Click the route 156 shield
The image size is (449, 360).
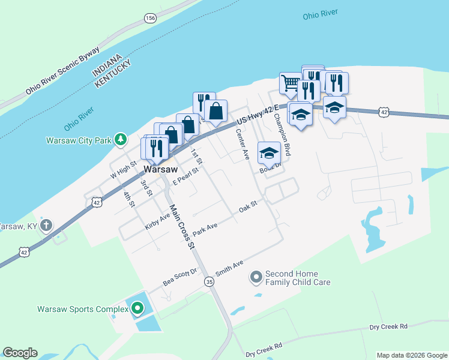[x=149, y=19]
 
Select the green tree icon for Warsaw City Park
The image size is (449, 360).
[x=121, y=140]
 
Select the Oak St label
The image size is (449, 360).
[x=248, y=205]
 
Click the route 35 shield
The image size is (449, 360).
[x=209, y=281]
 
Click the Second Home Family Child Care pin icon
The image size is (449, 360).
[x=256, y=277]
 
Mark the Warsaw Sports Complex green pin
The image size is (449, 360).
[x=137, y=309]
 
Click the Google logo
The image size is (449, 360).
[x=20, y=353]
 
